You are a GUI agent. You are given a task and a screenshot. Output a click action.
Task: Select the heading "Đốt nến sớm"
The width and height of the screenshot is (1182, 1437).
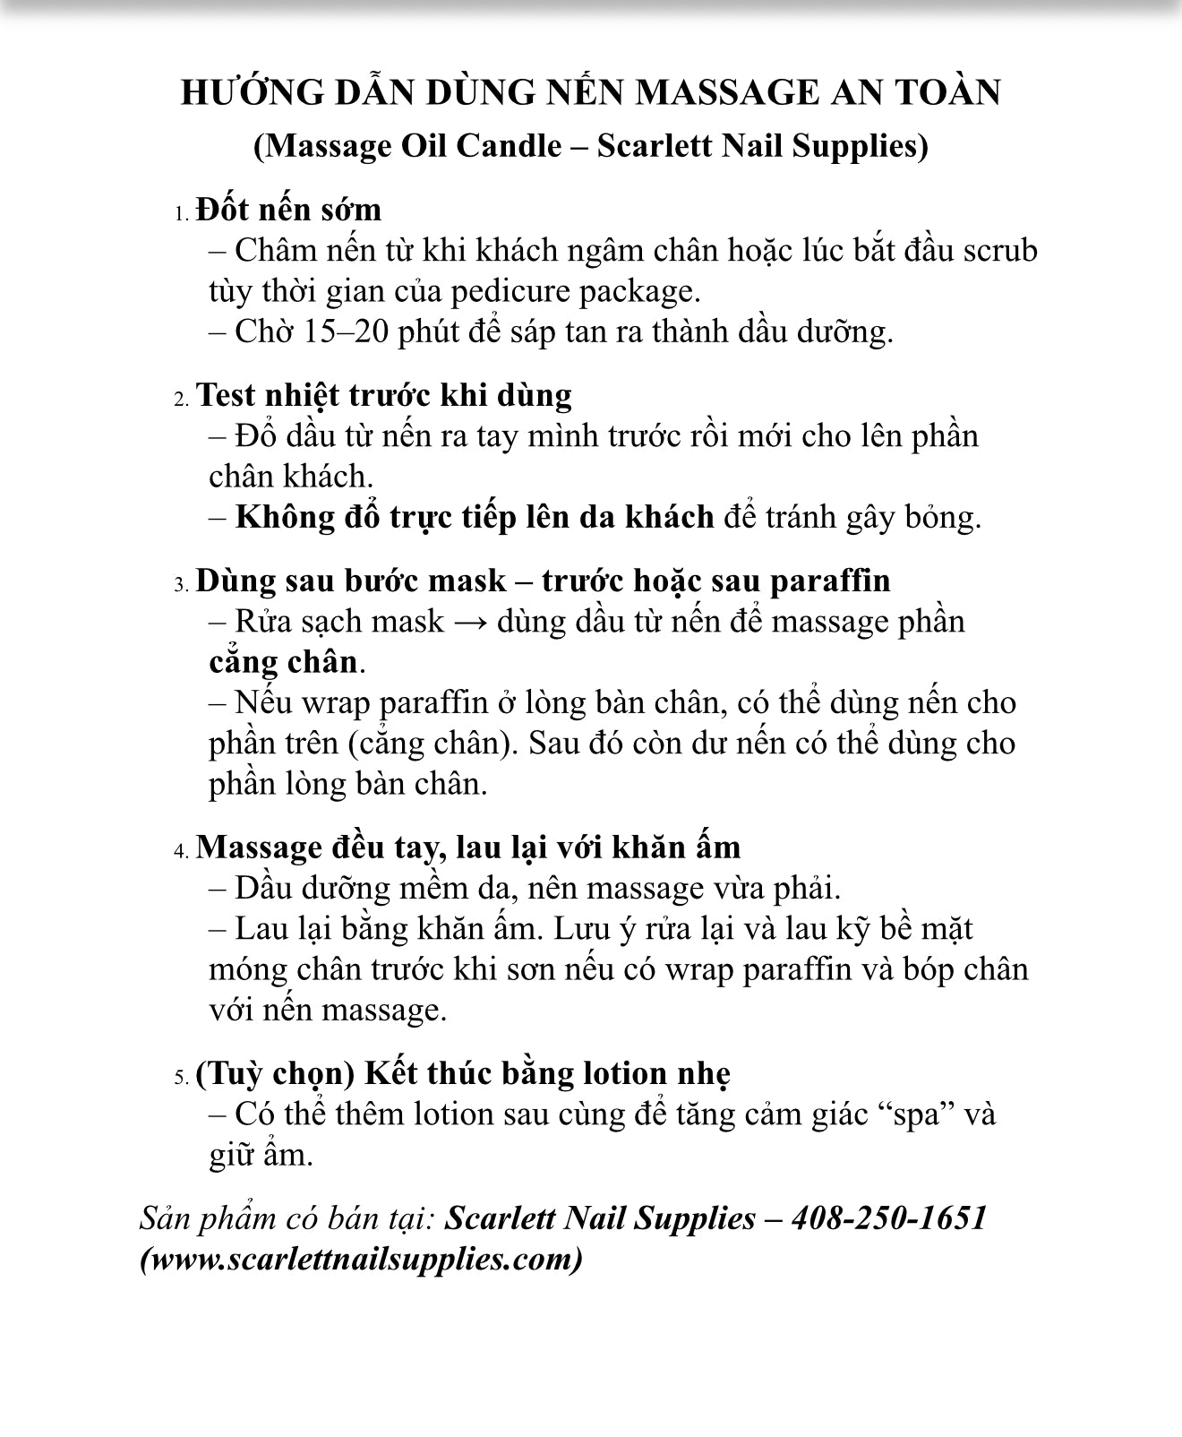coord(288,210)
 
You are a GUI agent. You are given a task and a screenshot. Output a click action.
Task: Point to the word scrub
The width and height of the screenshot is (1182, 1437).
coord(1000,250)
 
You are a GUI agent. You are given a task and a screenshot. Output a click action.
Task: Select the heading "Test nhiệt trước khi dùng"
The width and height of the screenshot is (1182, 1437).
coord(383,395)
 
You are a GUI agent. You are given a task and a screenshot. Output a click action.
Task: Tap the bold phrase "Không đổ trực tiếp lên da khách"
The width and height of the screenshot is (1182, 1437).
coord(475,517)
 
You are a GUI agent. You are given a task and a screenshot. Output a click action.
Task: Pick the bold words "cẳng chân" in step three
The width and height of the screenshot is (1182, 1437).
coord(283,662)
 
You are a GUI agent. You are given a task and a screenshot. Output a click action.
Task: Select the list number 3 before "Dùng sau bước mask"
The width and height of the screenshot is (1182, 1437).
coord(181,585)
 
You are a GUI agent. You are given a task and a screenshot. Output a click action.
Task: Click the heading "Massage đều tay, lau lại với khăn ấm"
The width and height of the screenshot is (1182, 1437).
coord(467,847)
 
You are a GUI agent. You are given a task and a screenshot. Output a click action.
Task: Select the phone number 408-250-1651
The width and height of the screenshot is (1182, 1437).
coord(889,1218)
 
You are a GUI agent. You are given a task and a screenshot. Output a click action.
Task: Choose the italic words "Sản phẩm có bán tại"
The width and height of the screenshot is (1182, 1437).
coord(287,1219)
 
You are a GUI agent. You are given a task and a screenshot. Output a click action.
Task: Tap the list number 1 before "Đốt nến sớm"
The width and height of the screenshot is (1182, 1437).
coord(181,214)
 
